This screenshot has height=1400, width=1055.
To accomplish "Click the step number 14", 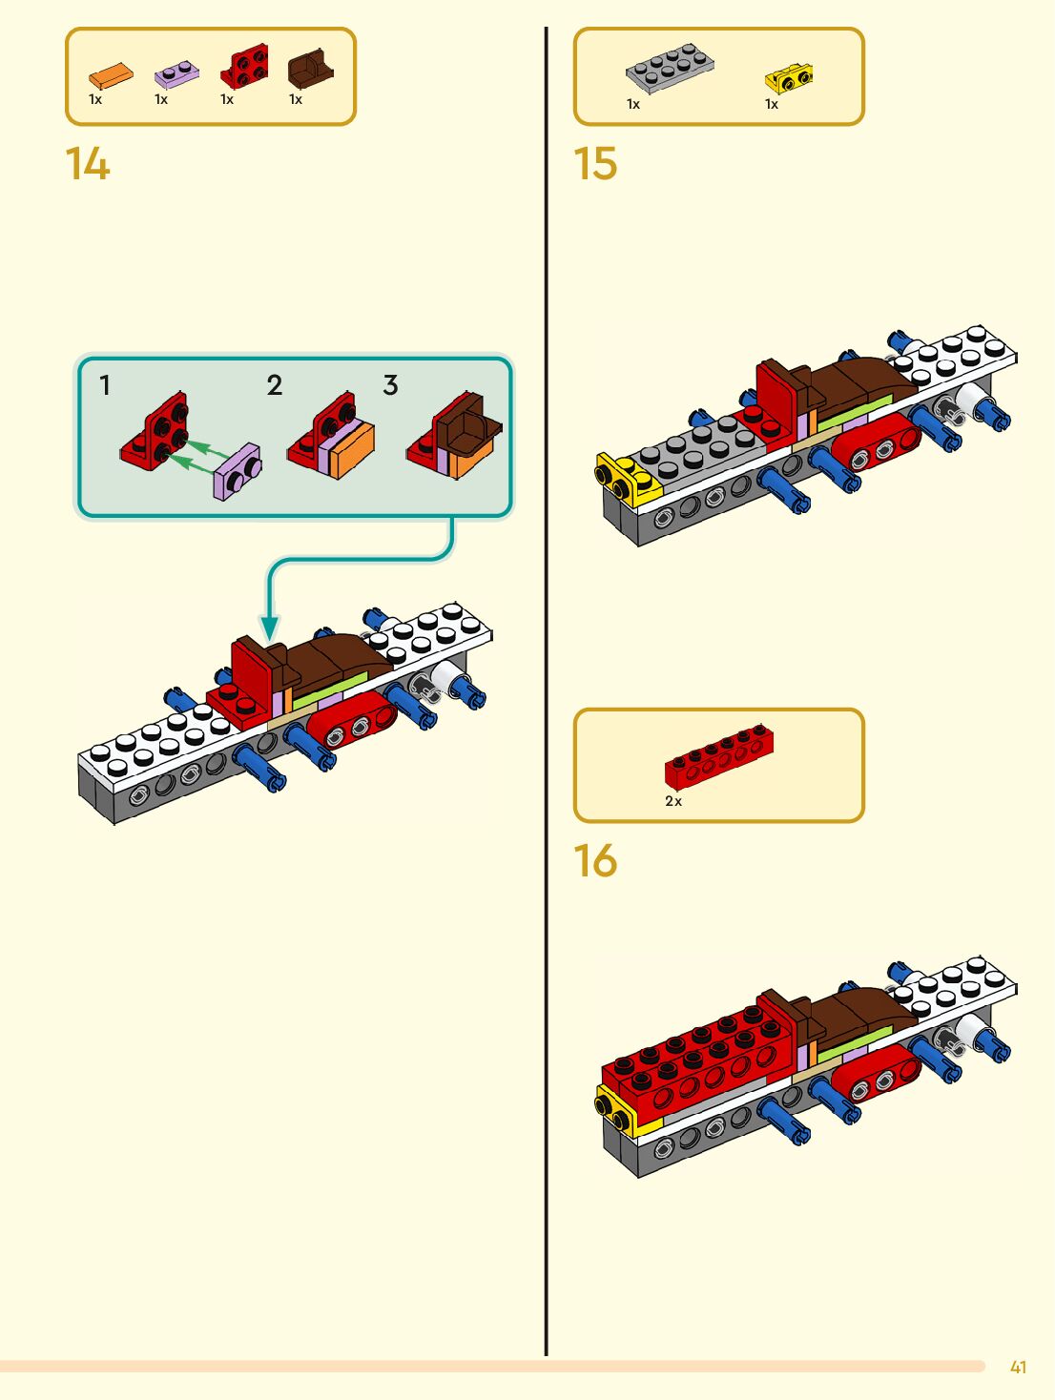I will pos(88,164).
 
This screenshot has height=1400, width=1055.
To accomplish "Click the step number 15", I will pos(595,164).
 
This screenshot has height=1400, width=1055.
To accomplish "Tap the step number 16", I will pos(595,861).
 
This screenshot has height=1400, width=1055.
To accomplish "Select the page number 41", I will pos(1018,1368).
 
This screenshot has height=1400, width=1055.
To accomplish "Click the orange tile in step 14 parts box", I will pos(111,75).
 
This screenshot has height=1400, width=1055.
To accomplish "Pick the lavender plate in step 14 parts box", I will pos(176,73).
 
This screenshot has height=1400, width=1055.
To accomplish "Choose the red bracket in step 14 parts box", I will pos(244,67).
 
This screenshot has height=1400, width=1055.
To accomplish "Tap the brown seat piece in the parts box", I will pos(310,69).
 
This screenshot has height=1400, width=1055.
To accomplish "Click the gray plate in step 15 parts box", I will pos(669,68).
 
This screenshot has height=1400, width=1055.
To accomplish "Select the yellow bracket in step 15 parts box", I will pos(789,77).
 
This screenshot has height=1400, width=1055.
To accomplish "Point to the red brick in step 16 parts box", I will pos(719,757).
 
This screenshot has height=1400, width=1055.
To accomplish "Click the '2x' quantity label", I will pos(673,802).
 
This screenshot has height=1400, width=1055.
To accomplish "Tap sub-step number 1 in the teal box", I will pos(105,385).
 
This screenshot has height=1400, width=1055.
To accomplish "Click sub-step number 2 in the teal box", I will pos(275,385).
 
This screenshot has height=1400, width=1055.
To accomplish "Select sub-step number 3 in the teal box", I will pos(390,385).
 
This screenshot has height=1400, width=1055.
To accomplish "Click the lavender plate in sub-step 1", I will pos(237,471).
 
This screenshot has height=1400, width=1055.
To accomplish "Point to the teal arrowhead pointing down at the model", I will pos(270,628).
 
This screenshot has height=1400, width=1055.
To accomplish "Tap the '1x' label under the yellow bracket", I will pos(772,105).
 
